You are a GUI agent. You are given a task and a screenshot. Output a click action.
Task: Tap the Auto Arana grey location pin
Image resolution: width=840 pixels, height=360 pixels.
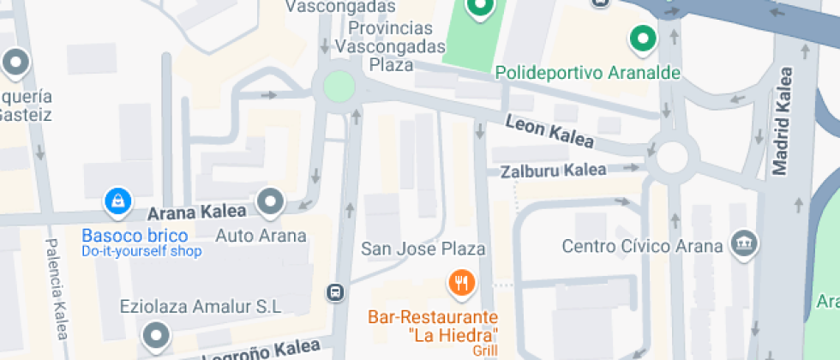tap(272, 201)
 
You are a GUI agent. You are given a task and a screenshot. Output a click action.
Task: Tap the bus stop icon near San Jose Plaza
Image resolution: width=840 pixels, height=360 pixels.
tap(335, 292)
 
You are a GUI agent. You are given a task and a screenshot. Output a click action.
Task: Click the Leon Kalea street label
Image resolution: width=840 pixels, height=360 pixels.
tap(549, 131)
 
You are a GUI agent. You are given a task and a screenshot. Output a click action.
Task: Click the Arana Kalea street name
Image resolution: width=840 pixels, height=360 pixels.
tap(197, 212)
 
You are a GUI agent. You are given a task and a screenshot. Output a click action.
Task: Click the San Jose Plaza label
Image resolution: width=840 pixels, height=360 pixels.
tap(423, 249)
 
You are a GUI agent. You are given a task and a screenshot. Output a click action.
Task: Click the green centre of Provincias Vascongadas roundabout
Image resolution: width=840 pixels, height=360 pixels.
tap(338, 86)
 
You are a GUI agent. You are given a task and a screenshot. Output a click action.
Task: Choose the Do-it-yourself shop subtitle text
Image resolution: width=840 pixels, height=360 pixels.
tap(141, 251)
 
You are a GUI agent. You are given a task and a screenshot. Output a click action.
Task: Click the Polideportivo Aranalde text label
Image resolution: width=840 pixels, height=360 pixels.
tap(588, 73)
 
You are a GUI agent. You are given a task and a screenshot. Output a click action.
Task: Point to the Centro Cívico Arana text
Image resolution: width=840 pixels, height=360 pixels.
tap(642, 246)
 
